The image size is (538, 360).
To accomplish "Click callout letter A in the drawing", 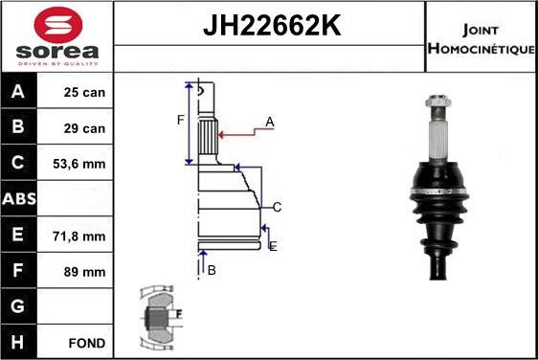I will point(270,122).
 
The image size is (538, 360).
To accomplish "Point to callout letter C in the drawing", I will point(277,207).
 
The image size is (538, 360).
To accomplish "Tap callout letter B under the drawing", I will point(212,270).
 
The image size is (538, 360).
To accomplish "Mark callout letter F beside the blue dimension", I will point(179,121).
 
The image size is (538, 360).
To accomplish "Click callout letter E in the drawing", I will point(273,246).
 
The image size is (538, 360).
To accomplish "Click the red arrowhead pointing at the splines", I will point(223,134).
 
